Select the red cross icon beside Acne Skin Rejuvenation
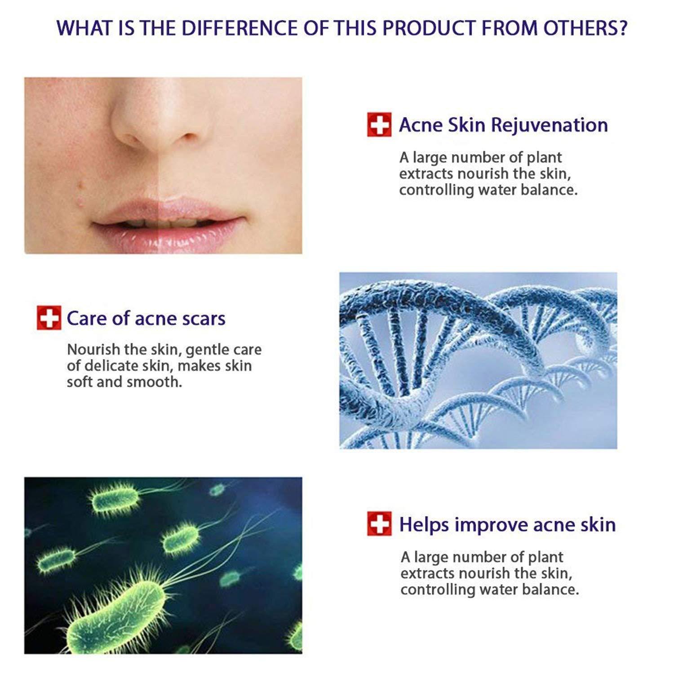pyautogui.click(x=379, y=124)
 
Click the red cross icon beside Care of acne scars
pyautogui.click(x=49, y=318)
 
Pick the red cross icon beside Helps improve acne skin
pyautogui.click(x=379, y=524)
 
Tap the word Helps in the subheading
pyautogui.click(x=424, y=524)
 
